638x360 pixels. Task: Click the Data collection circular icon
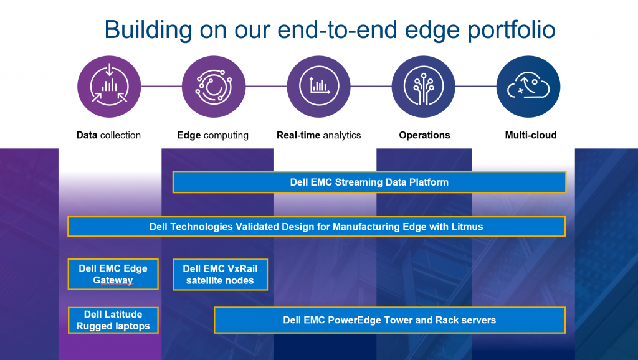pyautogui.click(x=109, y=85)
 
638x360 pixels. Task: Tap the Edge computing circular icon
pyautogui.click(x=213, y=85)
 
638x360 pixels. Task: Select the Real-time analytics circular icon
pyautogui.click(x=318, y=85)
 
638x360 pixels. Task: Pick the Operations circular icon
pyautogui.click(x=423, y=85)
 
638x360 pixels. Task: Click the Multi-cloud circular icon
pyautogui.click(x=528, y=85)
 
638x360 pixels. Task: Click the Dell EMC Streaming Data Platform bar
pyautogui.click(x=369, y=182)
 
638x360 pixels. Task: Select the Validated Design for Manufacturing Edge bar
pyautogui.click(x=316, y=227)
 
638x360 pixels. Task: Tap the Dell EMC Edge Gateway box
pyautogui.click(x=113, y=274)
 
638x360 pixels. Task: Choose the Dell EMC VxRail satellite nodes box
pyautogui.click(x=220, y=274)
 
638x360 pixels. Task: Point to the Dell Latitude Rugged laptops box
pyautogui.click(x=113, y=320)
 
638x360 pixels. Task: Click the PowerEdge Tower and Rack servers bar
pyautogui.click(x=389, y=320)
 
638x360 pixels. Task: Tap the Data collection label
pyautogui.click(x=108, y=135)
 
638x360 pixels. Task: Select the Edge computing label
pyautogui.click(x=212, y=135)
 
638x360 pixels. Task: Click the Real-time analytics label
pyautogui.click(x=318, y=135)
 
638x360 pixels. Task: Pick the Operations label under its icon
pyautogui.click(x=424, y=135)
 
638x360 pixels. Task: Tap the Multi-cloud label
pyautogui.click(x=531, y=135)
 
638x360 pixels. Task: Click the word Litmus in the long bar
pyautogui.click(x=468, y=227)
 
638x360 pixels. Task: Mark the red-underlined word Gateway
pyautogui.click(x=113, y=280)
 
